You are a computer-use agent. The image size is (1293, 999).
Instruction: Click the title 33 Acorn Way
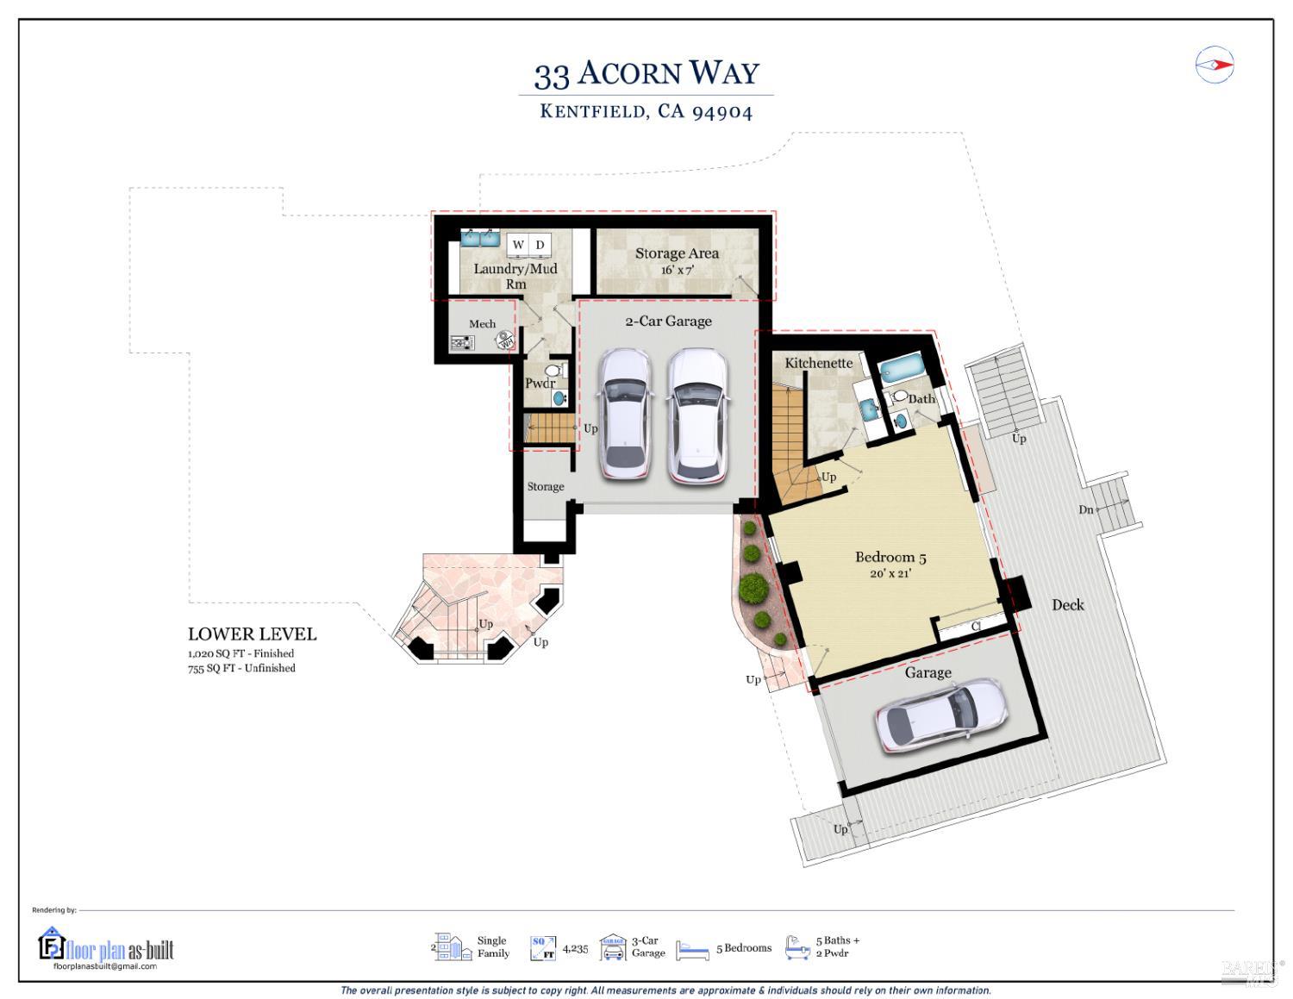click(646, 73)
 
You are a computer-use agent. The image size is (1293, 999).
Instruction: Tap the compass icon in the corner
click(1214, 65)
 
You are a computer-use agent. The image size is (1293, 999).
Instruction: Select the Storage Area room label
click(677, 253)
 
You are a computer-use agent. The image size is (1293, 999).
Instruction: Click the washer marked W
click(518, 245)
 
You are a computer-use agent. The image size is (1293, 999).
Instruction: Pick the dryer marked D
click(540, 245)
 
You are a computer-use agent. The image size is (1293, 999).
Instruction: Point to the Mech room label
click(482, 324)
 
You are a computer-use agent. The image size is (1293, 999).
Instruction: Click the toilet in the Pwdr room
click(554, 371)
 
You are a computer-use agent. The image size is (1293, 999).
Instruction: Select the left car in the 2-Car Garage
click(624, 413)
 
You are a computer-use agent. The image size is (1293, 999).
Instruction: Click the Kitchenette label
click(818, 363)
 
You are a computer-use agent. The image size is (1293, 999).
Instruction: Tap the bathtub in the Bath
click(902, 370)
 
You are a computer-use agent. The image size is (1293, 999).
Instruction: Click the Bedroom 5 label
click(890, 558)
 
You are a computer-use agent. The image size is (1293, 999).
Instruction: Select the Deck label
click(1067, 605)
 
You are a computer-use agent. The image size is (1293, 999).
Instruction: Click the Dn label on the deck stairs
click(1085, 509)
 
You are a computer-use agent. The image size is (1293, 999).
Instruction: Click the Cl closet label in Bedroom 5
click(976, 627)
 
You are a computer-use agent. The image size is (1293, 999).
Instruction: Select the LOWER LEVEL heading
click(252, 634)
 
